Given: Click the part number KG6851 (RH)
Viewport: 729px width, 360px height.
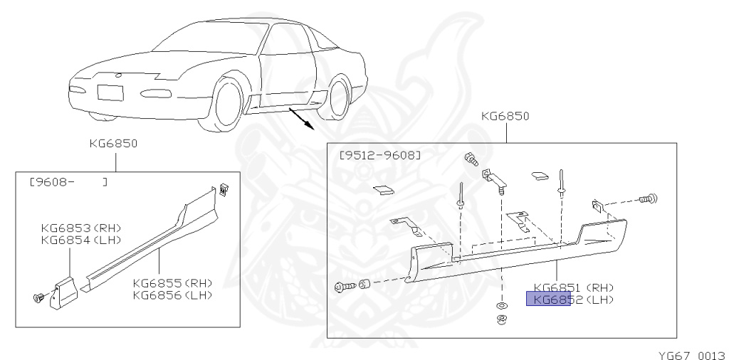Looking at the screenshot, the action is [x=573, y=287].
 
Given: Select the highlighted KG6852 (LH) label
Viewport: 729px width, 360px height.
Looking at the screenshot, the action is [x=569, y=300].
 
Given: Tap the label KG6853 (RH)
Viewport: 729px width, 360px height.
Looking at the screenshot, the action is [x=81, y=228].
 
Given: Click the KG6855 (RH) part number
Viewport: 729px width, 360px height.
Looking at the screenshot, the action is [x=172, y=283].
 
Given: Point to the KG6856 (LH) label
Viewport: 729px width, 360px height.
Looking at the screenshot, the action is [x=172, y=295].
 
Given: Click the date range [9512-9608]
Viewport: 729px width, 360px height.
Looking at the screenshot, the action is [x=380, y=154].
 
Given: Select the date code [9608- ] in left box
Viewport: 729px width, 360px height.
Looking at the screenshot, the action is [x=68, y=182].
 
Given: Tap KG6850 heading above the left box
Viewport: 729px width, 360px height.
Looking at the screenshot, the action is [x=113, y=142].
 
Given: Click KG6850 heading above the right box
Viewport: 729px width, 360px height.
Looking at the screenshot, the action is [x=505, y=115].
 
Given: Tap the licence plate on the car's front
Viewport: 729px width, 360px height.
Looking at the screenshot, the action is [x=110, y=92].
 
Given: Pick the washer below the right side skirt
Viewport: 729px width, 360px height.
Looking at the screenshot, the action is [x=500, y=307].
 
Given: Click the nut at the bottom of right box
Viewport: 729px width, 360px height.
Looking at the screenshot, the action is [x=500, y=317].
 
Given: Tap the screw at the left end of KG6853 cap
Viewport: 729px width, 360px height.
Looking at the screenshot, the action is [x=40, y=297].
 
